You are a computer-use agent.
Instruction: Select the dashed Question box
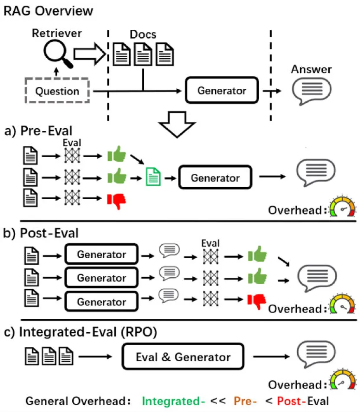tap(58, 91)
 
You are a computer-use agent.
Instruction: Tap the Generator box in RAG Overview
tap(222, 91)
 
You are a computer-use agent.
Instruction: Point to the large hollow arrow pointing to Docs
tap(89, 54)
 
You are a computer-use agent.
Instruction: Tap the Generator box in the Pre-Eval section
tap(215, 178)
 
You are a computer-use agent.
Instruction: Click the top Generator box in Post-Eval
tap(101, 254)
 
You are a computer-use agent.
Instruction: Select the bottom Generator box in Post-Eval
tap(101, 302)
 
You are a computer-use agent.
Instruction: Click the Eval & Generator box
tap(183, 357)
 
